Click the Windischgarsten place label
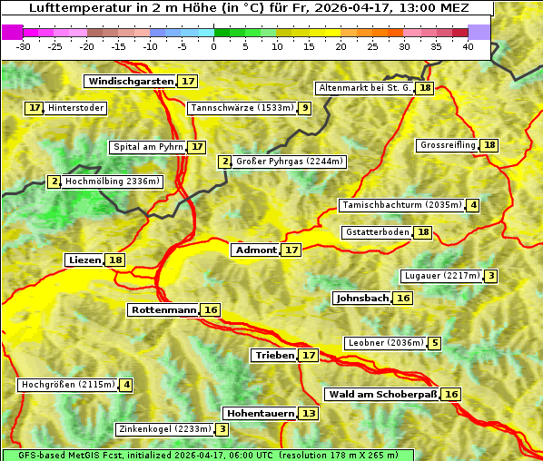(x=130, y=81)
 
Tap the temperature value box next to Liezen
(x=116, y=260)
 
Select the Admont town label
(x=255, y=250)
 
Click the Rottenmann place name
(x=163, y=309)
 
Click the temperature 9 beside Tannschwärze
(x=305, y=108)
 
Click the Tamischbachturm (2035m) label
(x=401, y=205)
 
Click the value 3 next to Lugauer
(x=491, y=276)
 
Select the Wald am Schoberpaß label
(x=381, y=394)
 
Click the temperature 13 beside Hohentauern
(x=310, y=413)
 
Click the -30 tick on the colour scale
(x=24, y=45)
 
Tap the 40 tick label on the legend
(x=468, y=45)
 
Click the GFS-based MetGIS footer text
(x=207, y=455)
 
